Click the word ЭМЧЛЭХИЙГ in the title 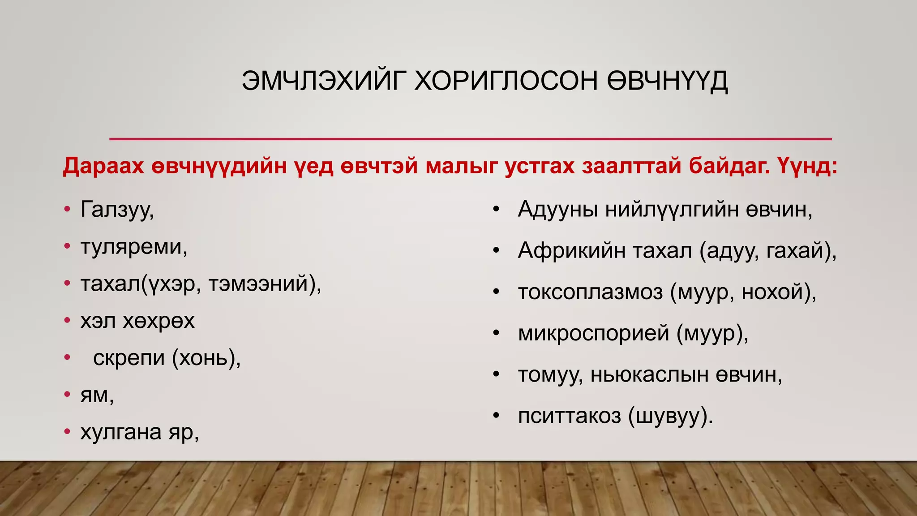point(320,81)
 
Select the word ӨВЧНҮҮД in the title point(667,81)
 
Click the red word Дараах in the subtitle point(103,166)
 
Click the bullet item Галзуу point(117,210)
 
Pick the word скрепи point(129,358)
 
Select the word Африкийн point(571,251)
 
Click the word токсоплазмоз point(590,292)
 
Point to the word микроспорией point(593,334)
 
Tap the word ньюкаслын point(649,375)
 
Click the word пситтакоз point(569,416)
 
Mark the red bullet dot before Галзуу point(67,209)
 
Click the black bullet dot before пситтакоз point(496,416)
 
